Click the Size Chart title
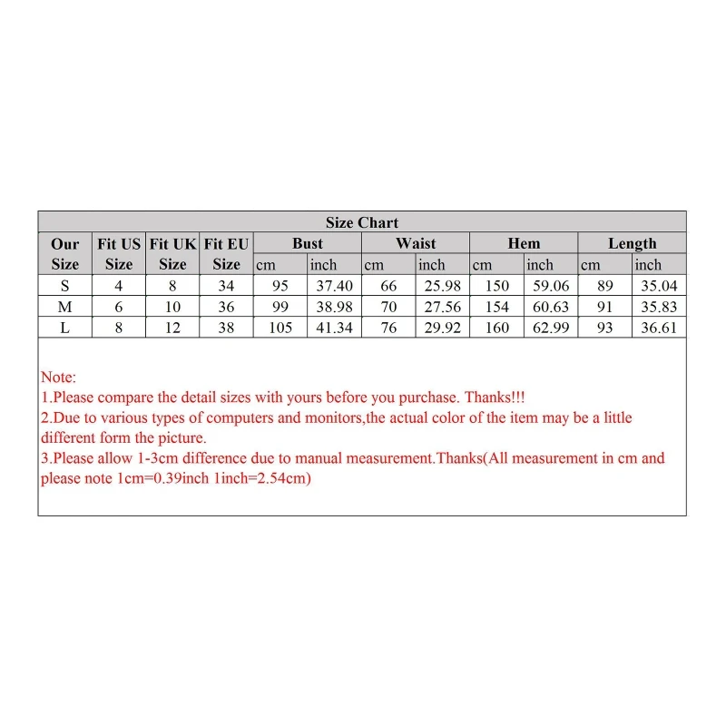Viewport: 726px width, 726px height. point(362,222)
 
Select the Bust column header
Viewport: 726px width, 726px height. point(308,243)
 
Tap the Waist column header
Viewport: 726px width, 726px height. point(416,243)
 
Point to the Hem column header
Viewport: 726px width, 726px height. point(524,243)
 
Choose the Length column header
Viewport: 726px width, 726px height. point(632,243)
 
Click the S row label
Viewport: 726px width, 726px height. point(64,286)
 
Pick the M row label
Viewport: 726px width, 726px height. point(64,307)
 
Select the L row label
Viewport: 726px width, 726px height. point(64,328)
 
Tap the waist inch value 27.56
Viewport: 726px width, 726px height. point(443,307)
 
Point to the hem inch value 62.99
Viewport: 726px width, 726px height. point(550,328)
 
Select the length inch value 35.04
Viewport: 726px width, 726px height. point(659,286)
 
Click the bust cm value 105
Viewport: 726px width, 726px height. point(280,328)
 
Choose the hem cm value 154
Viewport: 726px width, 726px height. point(497,307)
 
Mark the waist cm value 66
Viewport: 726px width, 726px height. point(388,286)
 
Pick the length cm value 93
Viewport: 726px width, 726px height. point(605,328)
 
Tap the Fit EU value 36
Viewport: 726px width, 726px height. point(226,307)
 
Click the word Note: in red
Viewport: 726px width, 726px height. point(59,378)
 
